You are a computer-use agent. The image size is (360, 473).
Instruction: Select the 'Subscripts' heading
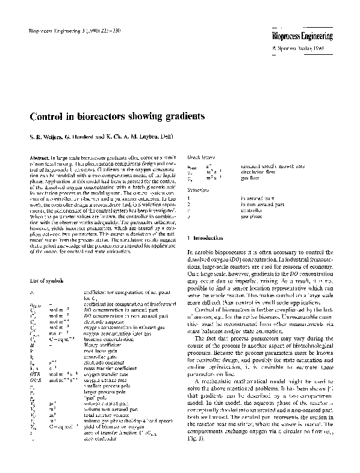click(198, 187)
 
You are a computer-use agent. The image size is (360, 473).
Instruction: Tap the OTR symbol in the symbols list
click(34, 375)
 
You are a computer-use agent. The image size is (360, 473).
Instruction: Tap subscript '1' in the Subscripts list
click(189, 197)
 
